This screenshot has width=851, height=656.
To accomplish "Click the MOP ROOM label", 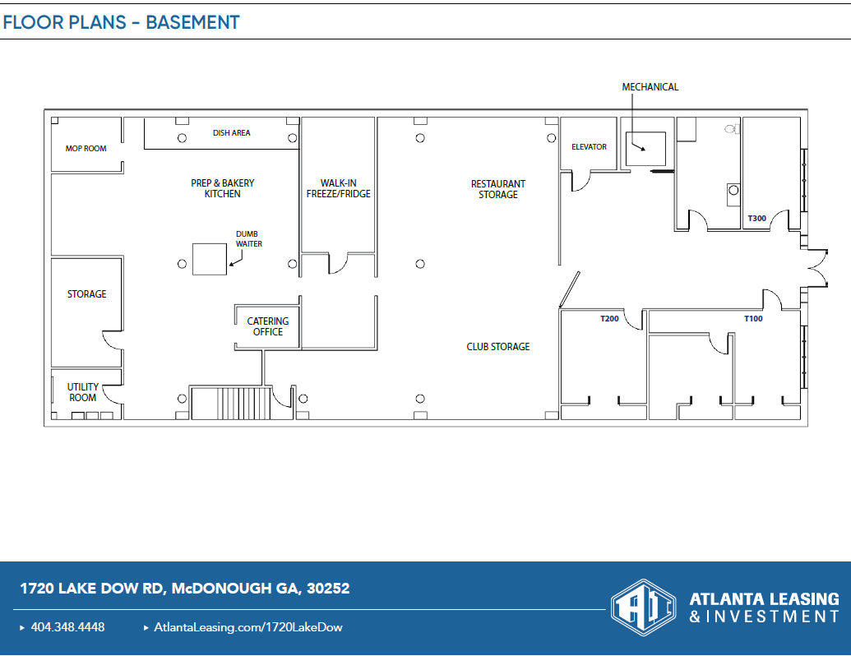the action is click(x=86, y=148).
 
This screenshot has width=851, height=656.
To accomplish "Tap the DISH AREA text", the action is click(x=231, y=132).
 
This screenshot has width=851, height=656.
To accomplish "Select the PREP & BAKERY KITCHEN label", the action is click(x=223, y=188).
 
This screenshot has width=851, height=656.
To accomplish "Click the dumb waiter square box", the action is click(x=210, y=260).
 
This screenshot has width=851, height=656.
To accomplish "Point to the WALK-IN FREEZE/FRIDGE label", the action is click(x=338, y=188).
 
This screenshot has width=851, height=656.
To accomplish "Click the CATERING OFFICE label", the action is click(x=267, y=326).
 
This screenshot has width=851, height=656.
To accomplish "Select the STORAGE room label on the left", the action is click(x=87, y=294).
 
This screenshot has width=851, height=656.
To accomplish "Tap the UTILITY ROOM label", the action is click(x=82, y=392).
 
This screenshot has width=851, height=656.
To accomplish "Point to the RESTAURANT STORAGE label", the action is click(x=498, y=189).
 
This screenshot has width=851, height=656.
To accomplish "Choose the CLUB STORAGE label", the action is click(x=498, y=347).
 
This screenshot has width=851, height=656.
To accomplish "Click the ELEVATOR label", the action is click(x=589, y=146).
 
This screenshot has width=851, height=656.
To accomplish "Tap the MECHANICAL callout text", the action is click(x=650, y=87).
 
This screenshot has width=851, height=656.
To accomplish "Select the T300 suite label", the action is click(x=757, y=218).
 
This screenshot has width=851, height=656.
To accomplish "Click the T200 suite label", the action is click(x=609, y=318).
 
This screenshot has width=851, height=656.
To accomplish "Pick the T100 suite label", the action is click(x=753, y=318).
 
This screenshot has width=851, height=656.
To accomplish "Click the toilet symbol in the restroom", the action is click(x=732, y=129).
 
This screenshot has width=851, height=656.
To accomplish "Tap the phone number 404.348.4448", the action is click(x=68, y=627).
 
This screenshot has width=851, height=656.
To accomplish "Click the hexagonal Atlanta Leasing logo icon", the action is click(x=644, y=607).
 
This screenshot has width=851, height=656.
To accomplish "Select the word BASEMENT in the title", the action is click(x=192, y=22).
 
